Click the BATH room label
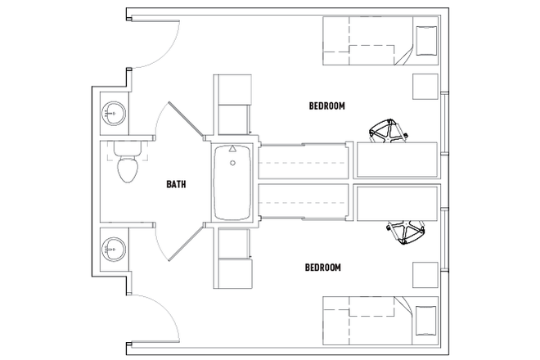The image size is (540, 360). tap(176, 184)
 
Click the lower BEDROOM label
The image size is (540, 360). tap(322, 268)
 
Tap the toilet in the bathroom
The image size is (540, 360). tap(126, 167)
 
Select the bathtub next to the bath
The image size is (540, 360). tap(233, 182)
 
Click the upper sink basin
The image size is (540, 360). tap(112, 113)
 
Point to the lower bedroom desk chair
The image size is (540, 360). tap(405, 232)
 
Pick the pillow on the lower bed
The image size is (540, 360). tap(426, 321)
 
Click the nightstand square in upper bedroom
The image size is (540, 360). tap(423, 86)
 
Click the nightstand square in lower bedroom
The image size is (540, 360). tap(423, 274)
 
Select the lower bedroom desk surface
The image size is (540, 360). tap(398, 203)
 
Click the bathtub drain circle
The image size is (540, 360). tap(233, 164)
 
